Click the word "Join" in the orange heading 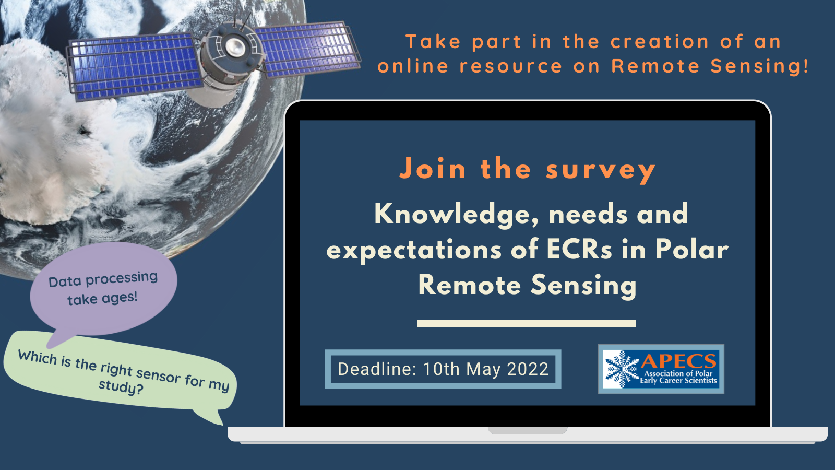[433, 169]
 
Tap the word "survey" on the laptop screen [600, 170]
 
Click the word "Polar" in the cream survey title [691, 250]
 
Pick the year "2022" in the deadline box [528, 369]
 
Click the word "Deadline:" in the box [377, 369]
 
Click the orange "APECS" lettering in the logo [678, 361]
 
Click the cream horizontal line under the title [526, 324]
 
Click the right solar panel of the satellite [308, 48]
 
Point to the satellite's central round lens [235, 47]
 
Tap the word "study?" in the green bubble [121, 387]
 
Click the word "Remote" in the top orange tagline [655, 66]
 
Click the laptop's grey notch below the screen [527, 430]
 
